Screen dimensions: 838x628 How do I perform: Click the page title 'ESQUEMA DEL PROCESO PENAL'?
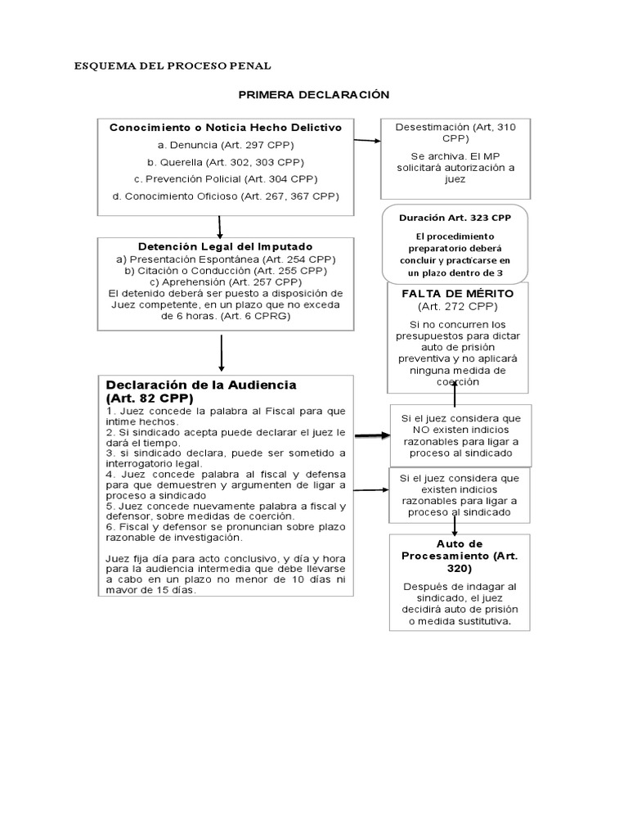tap(173, 65)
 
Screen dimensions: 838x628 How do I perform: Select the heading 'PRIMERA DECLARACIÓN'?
tap(314, 95)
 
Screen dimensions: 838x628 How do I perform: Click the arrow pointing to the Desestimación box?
tap(367, 141)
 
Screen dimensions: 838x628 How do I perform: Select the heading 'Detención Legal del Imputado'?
tap(226, 246)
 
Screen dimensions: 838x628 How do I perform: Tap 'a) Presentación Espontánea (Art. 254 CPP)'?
tap(226, 259)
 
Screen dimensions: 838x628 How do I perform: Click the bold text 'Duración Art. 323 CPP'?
tap(455, 219)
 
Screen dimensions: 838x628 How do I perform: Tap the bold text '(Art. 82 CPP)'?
tap(149, 398)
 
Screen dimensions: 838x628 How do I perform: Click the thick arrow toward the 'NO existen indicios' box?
tap(371, 437)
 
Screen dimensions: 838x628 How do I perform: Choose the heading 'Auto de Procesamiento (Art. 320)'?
tap(460, 555)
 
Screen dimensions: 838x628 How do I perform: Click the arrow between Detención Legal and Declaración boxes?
tap(222, 352)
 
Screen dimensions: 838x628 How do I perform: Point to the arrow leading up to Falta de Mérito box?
tap(455, 395)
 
